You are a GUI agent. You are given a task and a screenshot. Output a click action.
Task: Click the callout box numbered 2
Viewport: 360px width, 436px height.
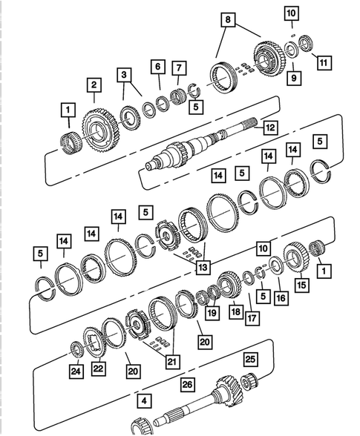point(94,85)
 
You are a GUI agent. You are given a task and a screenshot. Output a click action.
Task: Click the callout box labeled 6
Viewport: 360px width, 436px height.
point(157,67)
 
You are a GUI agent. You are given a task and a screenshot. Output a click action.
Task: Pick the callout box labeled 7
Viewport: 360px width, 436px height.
point(180,70)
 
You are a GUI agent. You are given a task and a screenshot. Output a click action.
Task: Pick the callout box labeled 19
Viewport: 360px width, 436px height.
point(212,313)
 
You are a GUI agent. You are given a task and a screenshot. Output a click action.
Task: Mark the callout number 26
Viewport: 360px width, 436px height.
point(186,384)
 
